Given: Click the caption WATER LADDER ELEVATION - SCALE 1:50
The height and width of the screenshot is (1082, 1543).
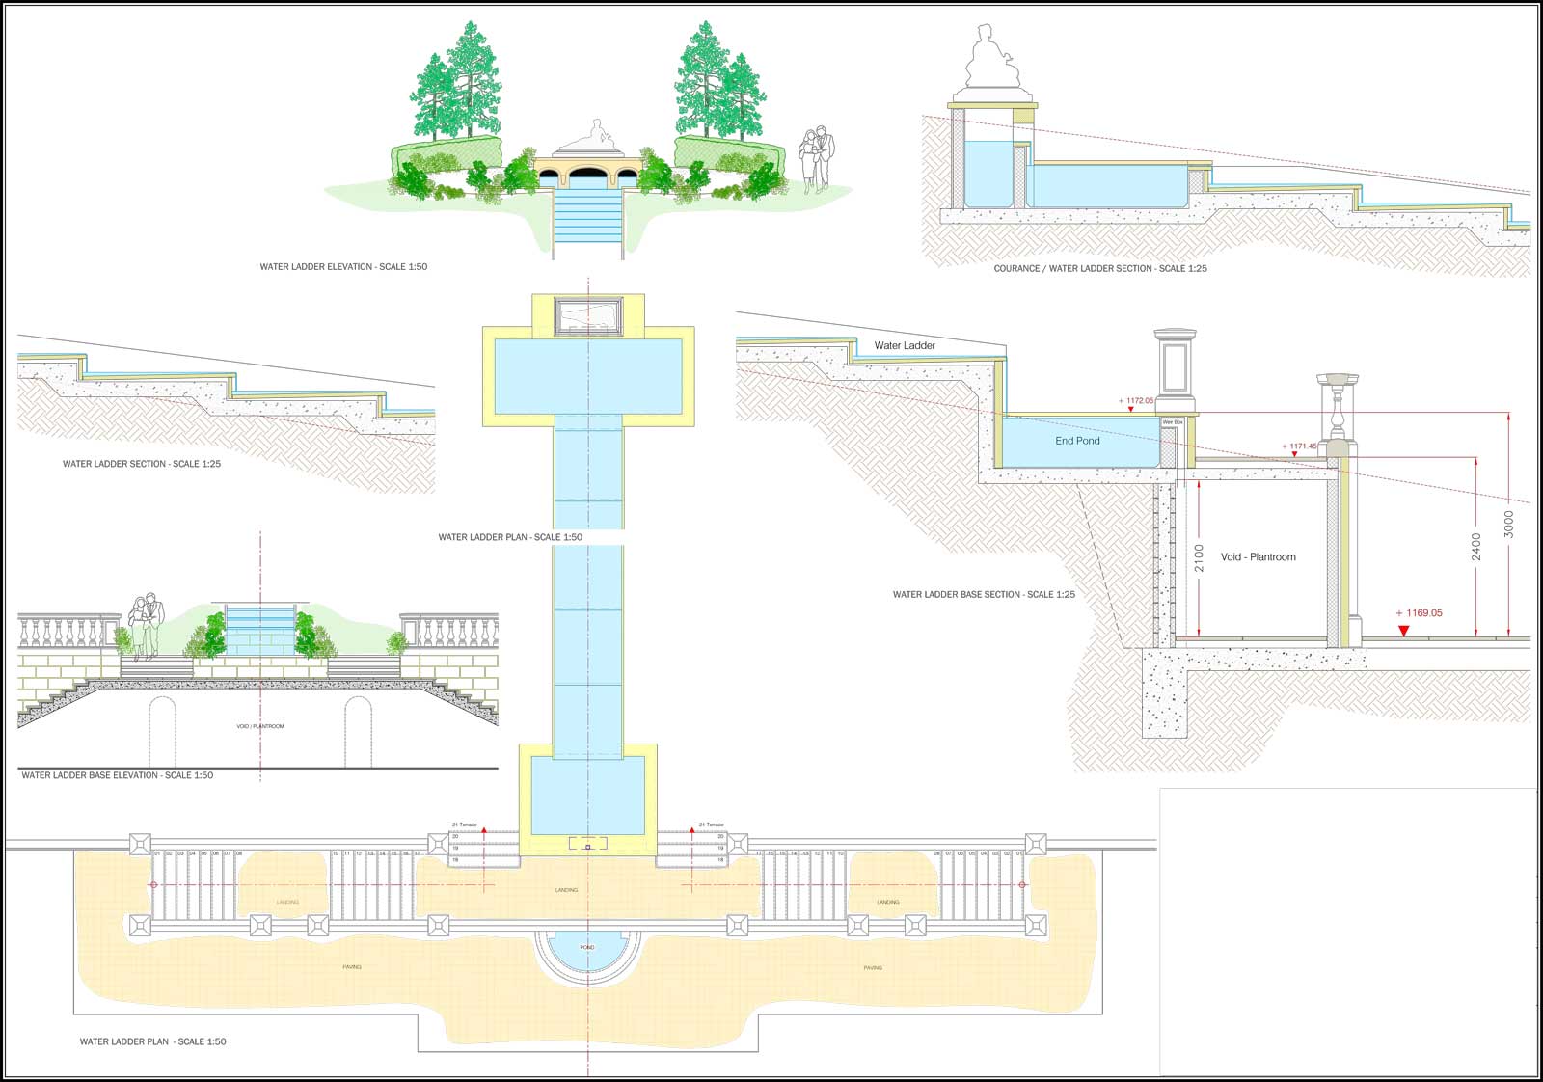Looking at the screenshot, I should (343, 266).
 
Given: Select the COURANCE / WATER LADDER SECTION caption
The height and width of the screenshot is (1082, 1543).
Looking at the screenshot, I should (1100, 268).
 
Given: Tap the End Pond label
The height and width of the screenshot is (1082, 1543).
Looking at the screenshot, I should (1077, 441).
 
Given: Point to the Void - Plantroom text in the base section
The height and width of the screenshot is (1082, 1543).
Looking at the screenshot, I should (1258, 556).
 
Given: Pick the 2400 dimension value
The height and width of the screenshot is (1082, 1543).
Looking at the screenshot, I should (1475, 547).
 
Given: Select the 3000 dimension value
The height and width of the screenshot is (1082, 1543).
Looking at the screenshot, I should (1509, 524).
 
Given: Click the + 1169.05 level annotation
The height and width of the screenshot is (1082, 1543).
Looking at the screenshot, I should (1419, 612).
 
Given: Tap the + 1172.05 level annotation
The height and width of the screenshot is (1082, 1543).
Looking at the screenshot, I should (1136, 400).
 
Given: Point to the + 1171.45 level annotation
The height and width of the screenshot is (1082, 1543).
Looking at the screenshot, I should (1299, 446).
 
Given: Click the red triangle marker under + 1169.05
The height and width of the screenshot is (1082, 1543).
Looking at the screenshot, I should (1404, 631).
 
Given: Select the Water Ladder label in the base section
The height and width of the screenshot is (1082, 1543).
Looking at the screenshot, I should (905, 345).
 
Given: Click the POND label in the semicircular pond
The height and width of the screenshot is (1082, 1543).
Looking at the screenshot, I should (587, 948).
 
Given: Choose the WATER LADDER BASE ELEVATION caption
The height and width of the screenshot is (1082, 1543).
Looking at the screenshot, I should (117, 775).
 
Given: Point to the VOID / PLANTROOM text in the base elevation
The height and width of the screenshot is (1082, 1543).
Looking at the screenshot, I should (260, 726).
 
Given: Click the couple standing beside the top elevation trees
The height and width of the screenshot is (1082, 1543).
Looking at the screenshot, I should (816, 159).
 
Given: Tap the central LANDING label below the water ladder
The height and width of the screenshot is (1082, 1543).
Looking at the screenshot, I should (567, 890).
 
